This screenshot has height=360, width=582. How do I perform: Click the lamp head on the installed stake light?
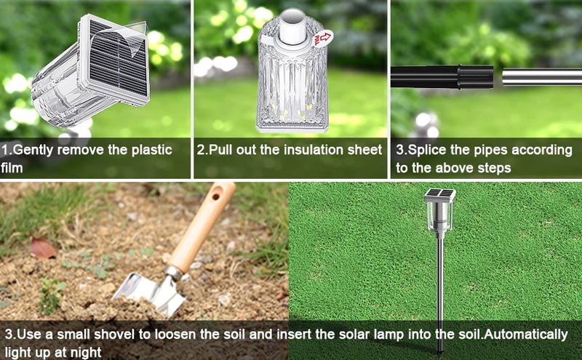(440, 208)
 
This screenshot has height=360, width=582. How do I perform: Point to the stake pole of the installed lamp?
(440, 291)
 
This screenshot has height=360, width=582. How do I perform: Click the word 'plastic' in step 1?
(149, 150)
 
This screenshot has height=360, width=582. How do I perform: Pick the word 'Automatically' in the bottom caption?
(526, 335)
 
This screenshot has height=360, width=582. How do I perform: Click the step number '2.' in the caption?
(203, 150)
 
